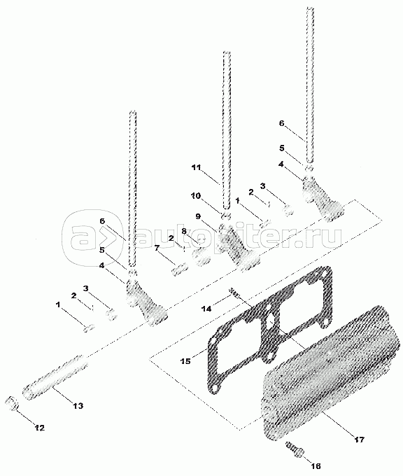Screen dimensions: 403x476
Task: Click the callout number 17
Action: tap(359, 440)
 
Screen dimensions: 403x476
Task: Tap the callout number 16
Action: tap(316, 466)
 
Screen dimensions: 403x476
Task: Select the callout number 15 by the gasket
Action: tap(185, 361)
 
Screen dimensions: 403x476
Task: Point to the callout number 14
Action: tap(207, 309)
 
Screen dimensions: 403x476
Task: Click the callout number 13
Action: tap(78, 405)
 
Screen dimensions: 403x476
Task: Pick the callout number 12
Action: tap(39, 428)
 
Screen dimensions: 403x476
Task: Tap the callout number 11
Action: tap(197, 167)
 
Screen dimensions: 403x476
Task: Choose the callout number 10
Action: tap(196, 196)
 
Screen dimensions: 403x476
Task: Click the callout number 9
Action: tap(198, 216)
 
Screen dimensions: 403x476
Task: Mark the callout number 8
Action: tap(184, 231)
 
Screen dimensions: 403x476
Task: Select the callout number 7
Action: tap(157, 248)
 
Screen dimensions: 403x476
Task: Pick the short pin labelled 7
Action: tap(180, 269)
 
